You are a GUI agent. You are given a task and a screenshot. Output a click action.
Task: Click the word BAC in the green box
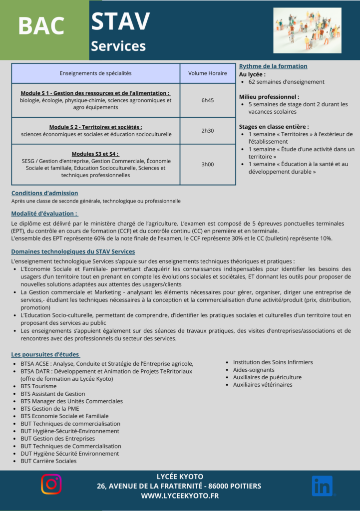[41, 26]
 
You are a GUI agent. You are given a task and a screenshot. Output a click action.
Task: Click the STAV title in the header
[120, 21]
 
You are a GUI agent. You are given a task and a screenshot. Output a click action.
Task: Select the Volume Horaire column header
[207, 73]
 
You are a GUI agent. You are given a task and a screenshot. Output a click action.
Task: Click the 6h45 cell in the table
[207, 100]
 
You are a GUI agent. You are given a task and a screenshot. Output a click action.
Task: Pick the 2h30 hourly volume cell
[207, 131]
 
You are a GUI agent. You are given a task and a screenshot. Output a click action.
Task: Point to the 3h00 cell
[207, 164]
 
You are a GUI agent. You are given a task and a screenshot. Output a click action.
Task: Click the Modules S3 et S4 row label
[95, 154]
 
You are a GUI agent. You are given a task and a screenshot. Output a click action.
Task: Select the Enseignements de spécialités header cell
[95, 73]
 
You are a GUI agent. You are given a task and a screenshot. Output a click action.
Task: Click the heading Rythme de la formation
[273, 66]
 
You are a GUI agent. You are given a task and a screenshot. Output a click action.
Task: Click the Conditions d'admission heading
[44, 193]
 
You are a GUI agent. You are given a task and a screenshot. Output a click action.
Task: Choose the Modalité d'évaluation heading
[43, 214]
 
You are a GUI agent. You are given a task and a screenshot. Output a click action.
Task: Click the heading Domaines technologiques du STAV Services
[73, 252]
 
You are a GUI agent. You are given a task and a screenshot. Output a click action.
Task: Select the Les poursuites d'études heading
[45, 354]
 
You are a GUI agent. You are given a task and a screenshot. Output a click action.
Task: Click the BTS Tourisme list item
[38, 386]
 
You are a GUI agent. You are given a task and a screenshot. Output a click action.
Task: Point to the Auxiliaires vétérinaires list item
[263, 385]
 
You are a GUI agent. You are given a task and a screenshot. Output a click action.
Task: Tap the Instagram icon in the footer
[51, 485]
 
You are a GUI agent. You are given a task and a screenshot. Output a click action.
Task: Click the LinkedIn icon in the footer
[322, 486]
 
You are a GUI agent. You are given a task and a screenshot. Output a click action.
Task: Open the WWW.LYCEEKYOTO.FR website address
[180, 496]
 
